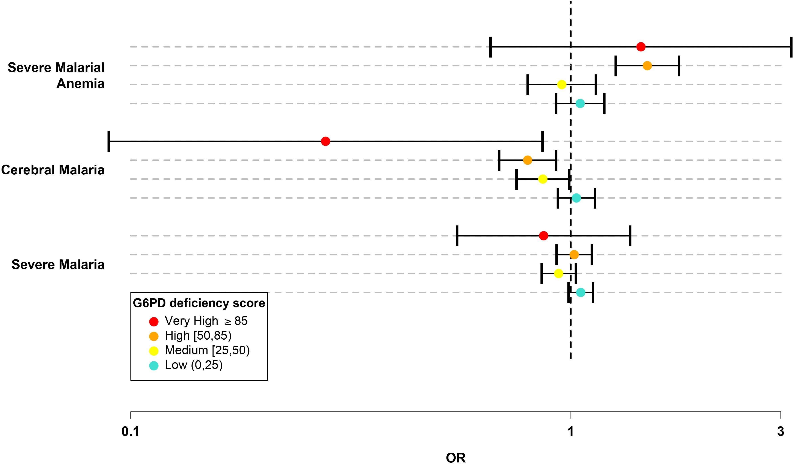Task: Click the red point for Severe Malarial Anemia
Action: [641, 47]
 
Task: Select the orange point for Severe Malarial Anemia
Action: [647, 66]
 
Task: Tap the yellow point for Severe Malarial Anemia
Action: [562, 85]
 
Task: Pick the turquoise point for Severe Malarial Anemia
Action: [580, 104]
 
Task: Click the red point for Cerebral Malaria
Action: [326, 141]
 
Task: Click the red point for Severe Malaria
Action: [543, 236]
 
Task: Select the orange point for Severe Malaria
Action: [574, 255]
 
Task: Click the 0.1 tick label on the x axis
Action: [131, 432]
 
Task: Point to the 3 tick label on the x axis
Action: [780, 432]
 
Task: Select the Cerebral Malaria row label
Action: [53, 170]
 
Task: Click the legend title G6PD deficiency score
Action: [199, 303]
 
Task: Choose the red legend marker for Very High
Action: [154, 321]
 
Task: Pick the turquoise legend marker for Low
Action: [154, 365]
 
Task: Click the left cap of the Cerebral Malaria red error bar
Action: [109, 141]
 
